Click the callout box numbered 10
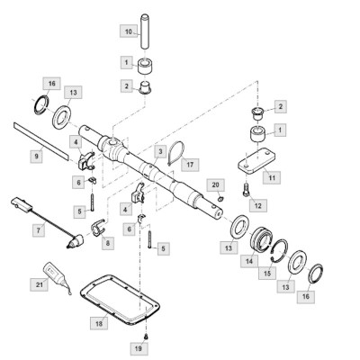129,31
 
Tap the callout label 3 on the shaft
160,152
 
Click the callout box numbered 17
190,165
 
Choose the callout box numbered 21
40,284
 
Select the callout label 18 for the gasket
99,323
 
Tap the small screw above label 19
146,337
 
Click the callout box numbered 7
39,230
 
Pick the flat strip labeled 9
41,140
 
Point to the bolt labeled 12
246,190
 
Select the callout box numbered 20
216,184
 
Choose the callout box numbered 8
108,244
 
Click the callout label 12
258,205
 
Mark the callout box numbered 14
249,261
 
